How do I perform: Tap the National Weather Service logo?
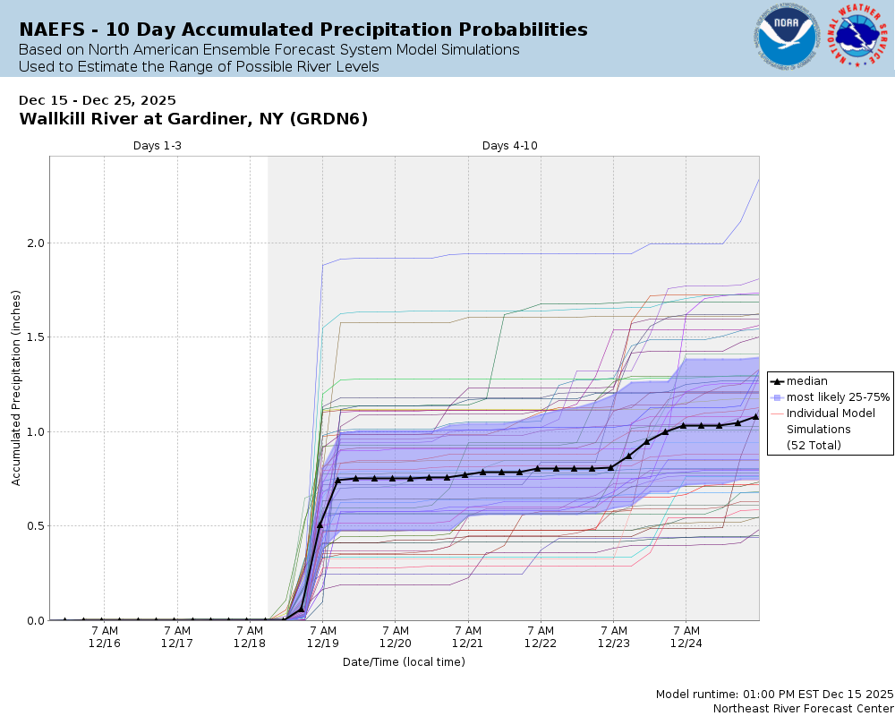point(860,37)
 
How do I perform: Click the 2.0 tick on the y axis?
point(33,243)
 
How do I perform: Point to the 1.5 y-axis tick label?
point(33,337)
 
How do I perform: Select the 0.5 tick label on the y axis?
point(33,526)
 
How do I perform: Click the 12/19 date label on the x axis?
point(322,644)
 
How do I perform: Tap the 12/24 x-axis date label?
point(686,644)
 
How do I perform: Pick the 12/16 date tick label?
point(105,644)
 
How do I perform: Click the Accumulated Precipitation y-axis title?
point(16,388)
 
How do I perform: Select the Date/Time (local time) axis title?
point(404,662)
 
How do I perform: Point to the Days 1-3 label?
point(158,146)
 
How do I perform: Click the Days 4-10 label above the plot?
point(510,146)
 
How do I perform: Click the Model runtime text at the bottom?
point(774,695)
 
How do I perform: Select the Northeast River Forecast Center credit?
point(803,708)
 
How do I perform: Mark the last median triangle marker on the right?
point(756,416)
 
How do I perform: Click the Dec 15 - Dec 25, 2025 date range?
point(98,100)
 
